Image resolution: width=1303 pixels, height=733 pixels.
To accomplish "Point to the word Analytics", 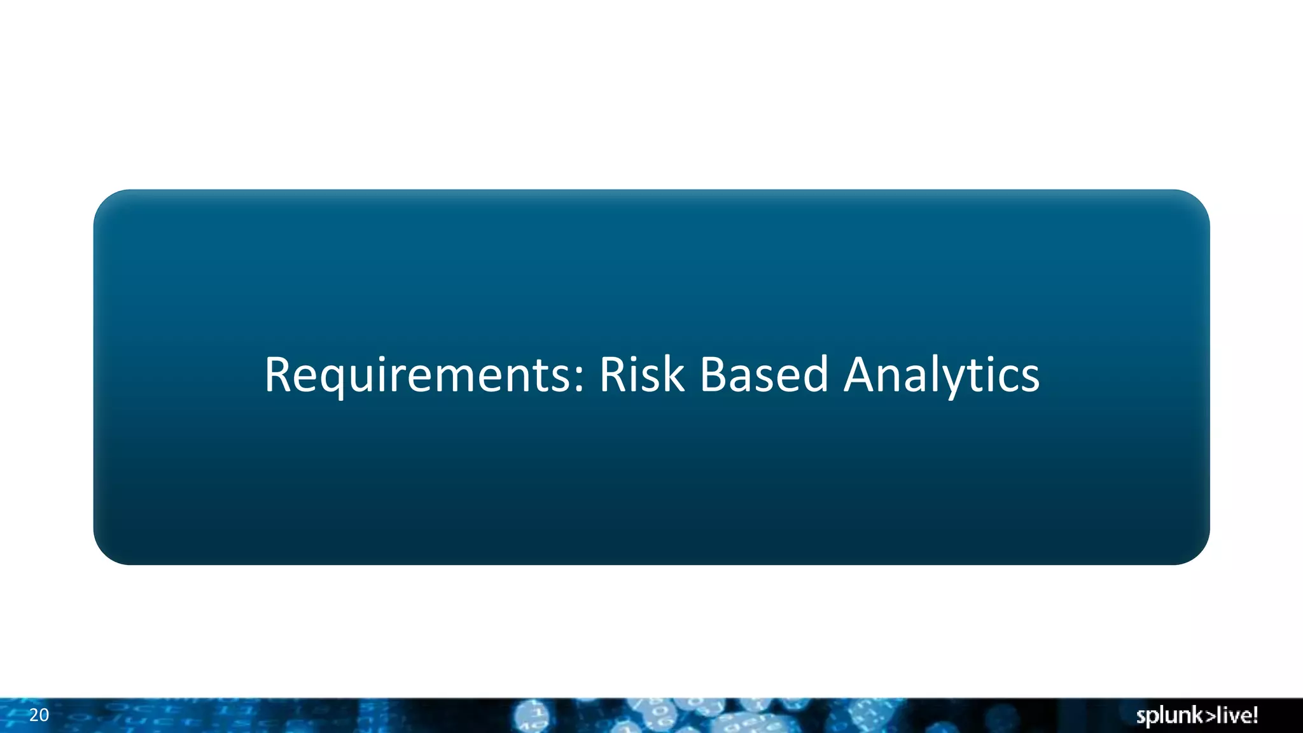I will (x=942, y=375).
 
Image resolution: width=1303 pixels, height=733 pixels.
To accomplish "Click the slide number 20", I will (x=39, y=715).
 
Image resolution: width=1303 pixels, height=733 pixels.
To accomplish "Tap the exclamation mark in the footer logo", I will (x=1255, y=715).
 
